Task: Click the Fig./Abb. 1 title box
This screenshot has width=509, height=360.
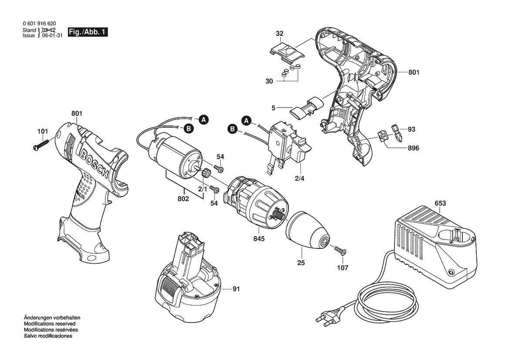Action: [x=88, y=32]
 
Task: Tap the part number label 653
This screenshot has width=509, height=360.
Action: [x=440, y=204]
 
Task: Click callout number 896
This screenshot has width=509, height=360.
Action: [x=413, y=148]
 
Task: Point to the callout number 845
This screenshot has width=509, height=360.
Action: [x=259, y=239]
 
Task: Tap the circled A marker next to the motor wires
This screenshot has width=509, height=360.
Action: [x=203, y=120]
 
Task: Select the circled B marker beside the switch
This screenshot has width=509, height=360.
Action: [x=233, y=129]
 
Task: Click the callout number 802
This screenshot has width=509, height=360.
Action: [x=183, y=199]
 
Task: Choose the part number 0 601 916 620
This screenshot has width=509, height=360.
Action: [x=39, y=24]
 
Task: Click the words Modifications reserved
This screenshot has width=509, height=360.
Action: [x=49, y=324]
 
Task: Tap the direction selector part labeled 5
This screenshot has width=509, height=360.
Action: [x=307, y=106]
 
